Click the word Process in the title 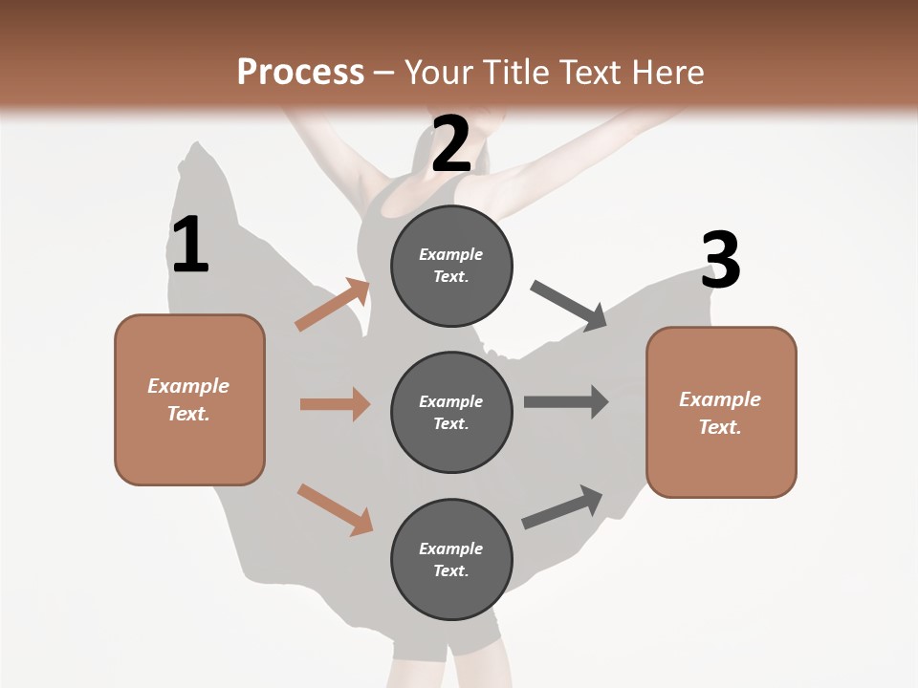tap(300, 73)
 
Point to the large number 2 tap(451, 144)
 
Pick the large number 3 tap(720, 260)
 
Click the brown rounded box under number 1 tap(189, 399)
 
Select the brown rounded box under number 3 tap(721, 412)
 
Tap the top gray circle tap(451, 266)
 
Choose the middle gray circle tap(451, 412)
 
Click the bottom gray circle tap(451, 559)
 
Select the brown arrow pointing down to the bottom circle tap(335, 508)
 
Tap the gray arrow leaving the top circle tap(569, 306)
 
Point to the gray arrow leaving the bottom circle tap(562, 506)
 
